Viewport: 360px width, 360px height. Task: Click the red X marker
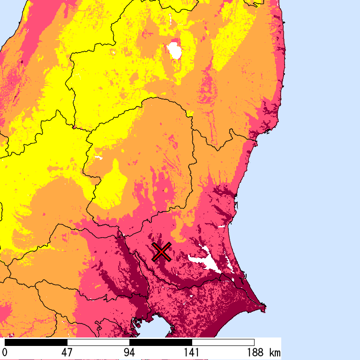[161, 252]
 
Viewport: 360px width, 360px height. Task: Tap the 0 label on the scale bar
[5, 352]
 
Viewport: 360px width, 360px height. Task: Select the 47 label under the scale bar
[67, 352]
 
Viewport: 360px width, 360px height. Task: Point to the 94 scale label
[129, 352]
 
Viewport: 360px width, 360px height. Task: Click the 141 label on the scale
[192, 352]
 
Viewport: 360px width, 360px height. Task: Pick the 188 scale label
[254, 352]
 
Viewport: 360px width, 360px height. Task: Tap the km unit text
[275, 352]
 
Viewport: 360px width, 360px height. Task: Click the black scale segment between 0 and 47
[36, 342]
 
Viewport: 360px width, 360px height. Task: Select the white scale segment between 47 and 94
[98, 342]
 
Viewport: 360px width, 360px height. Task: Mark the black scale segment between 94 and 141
[161, 342]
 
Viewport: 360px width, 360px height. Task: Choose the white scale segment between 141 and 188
[223, 342]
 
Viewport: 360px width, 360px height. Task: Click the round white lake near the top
[175, 51]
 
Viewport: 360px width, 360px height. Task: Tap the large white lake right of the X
[206, 261]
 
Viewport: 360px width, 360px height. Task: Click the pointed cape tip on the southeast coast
[265, 308]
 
